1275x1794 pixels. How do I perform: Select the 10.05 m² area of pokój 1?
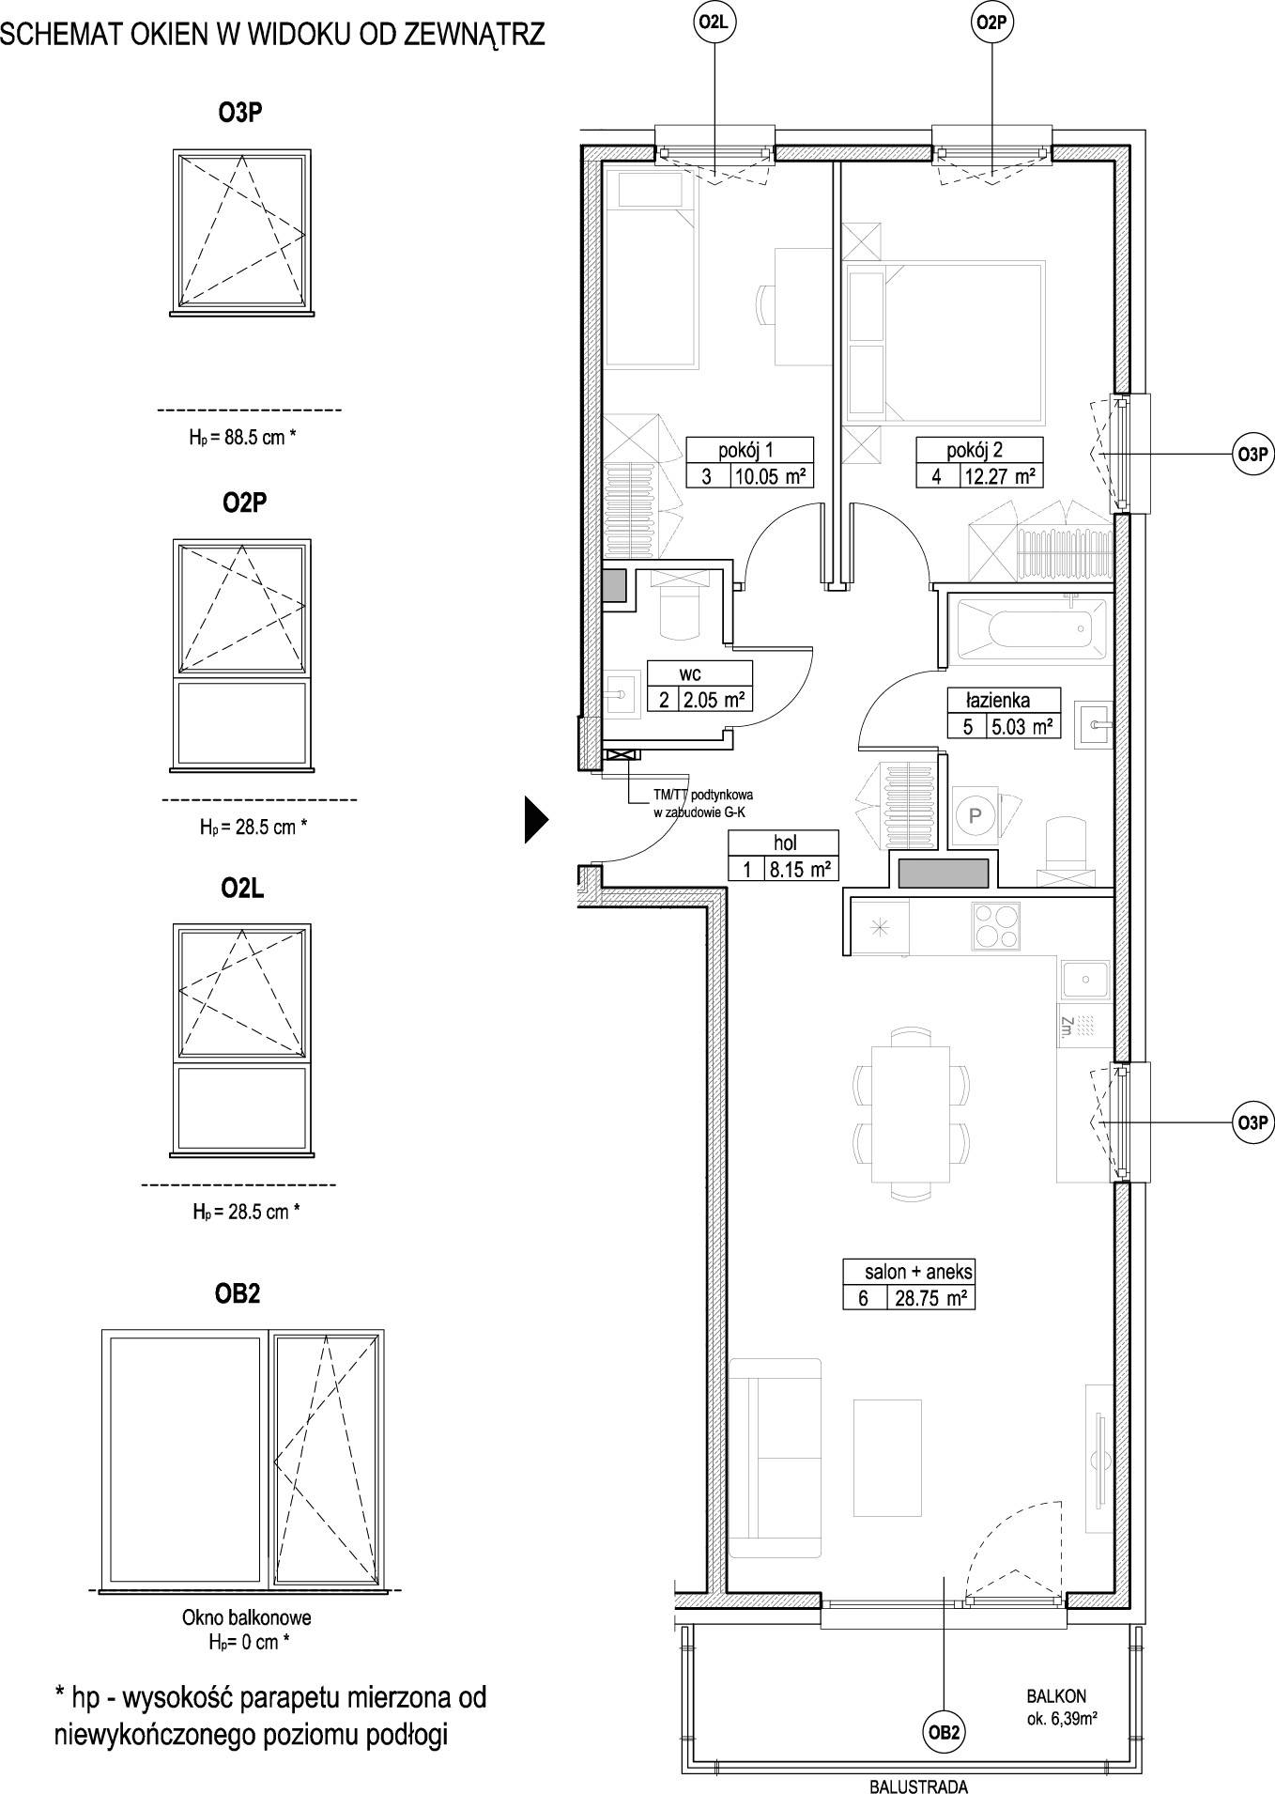click(x=771, y=476)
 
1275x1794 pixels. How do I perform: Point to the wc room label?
click(x=690, y=673)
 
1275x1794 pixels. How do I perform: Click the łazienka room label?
click(x=999, y=700)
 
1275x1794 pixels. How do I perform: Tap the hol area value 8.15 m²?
click(x=799, y=869)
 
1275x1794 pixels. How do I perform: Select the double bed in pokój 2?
click(x=945, y=341)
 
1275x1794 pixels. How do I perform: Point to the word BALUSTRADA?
click(x=917, y=1787)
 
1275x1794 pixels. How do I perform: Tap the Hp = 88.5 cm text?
click(x=243, y=437)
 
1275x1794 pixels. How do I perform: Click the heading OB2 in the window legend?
click(x=238, y=1293)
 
